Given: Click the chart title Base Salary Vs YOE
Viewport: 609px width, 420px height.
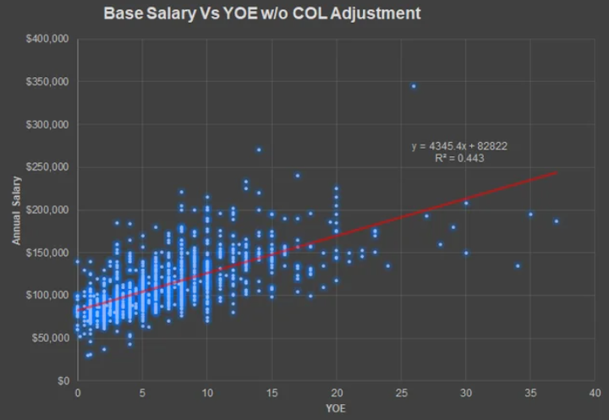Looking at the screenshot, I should (x=261, y=14).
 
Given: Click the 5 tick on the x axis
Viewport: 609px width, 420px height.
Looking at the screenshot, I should (x=142, y=392).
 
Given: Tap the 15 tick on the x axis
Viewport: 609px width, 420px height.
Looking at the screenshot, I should (x=272, y=392).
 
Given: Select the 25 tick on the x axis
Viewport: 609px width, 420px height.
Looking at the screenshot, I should (x=401, y=392).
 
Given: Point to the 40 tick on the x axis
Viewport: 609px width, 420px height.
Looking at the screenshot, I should (x=595, y=392).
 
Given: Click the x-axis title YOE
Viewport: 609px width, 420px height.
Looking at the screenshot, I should (x=336, y=407).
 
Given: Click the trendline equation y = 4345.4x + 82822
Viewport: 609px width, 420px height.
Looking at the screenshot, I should (x=459, y=146).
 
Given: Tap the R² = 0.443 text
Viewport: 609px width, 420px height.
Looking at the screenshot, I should (x=459, y=158).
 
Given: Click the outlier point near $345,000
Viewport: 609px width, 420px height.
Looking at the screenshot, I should (x=414, y=86).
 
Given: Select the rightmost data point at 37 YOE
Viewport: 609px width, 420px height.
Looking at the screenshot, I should (x=557, y=221).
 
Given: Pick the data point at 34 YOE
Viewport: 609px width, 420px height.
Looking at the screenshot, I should (x=518, y=266).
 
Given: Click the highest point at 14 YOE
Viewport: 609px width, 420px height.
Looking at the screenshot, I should (x=259, y=150).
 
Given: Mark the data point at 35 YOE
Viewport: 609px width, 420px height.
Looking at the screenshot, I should (x=530, y=214).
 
